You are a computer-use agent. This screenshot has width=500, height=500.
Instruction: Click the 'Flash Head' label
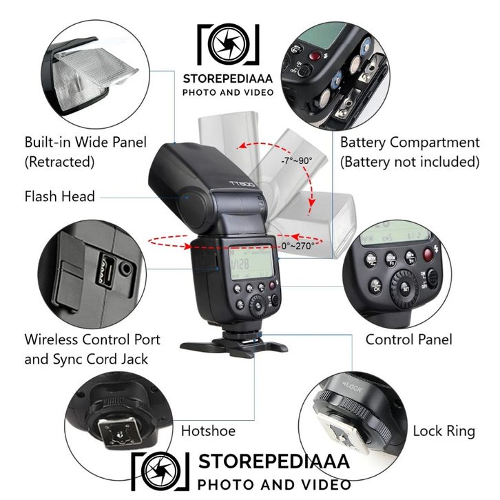tap(60, 196)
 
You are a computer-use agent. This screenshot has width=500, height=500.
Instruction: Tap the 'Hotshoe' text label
tap(208, 431)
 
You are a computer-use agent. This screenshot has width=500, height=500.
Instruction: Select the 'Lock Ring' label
tap(444, 431)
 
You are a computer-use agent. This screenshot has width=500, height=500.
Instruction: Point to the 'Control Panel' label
tap(408, 340)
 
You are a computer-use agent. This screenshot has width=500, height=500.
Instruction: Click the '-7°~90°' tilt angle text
tap(296, 160)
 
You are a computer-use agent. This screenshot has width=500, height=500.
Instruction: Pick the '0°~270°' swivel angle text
tap(298, 245)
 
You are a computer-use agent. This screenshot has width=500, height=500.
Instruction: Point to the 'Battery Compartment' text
tap(409, 143)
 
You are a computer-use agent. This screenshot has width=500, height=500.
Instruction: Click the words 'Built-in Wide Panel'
tap(85, 143)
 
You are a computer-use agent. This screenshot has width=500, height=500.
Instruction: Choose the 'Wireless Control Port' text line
tap(92, 340)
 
